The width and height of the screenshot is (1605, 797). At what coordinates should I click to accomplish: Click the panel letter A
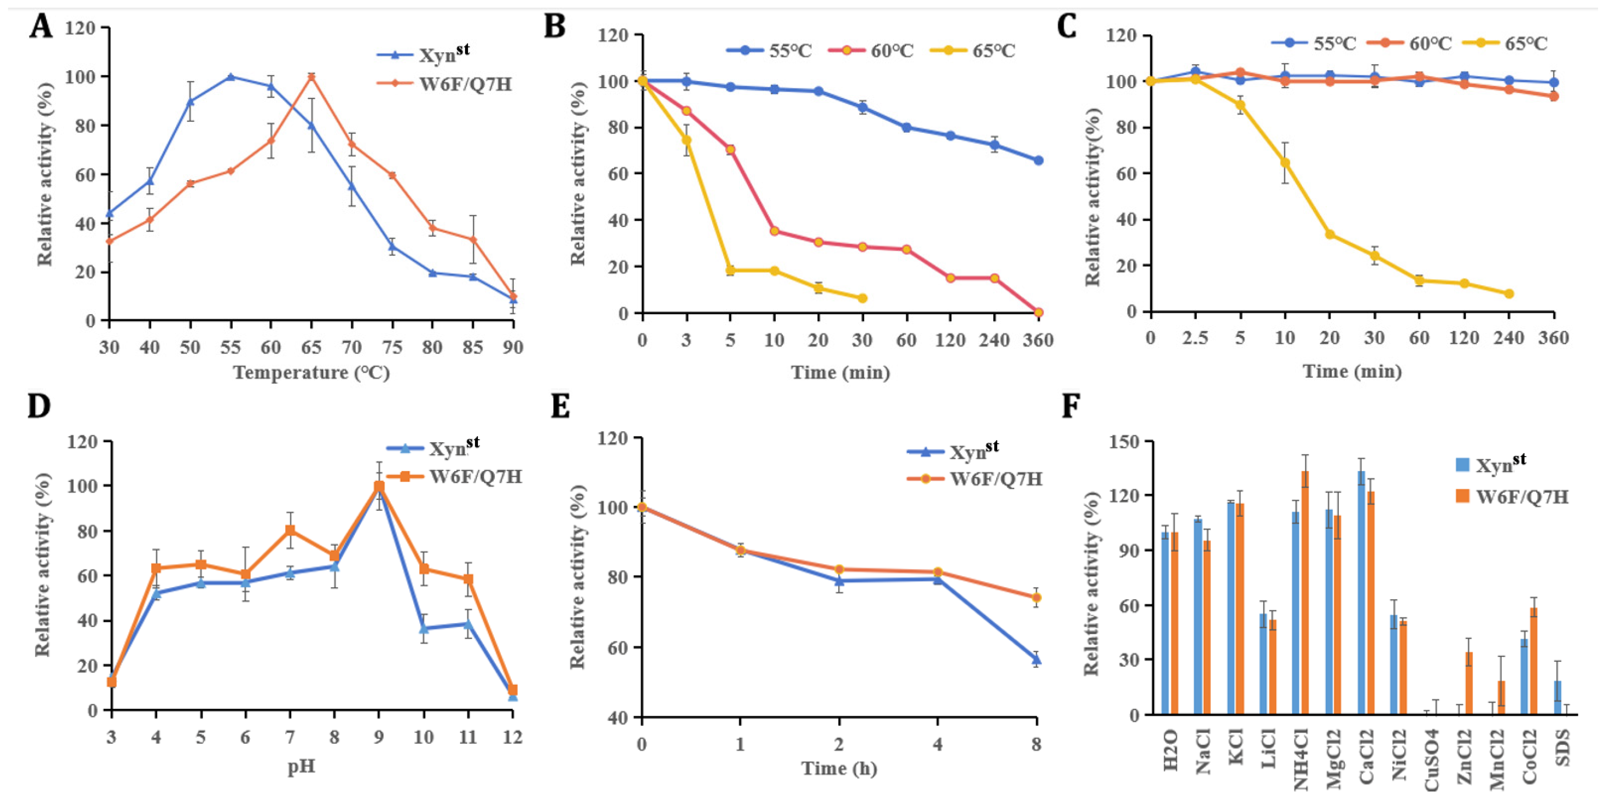[41, 27]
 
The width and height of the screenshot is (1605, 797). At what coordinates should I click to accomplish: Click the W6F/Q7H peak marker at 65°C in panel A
[311, 77]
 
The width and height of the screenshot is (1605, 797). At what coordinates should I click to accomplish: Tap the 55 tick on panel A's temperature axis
[231, 347]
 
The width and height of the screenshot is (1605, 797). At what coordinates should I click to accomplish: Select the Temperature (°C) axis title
[311, 373]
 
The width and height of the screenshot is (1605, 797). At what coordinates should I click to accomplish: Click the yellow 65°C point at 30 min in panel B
[862, 299]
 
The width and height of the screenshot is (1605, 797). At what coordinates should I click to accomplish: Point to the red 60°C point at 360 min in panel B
[1038, 312]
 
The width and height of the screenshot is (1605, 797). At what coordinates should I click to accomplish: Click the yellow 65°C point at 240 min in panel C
[1509, 293]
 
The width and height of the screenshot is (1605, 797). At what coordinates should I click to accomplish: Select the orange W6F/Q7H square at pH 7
[290, 530]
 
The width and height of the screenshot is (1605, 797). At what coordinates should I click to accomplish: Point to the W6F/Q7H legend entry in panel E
[975, 479]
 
